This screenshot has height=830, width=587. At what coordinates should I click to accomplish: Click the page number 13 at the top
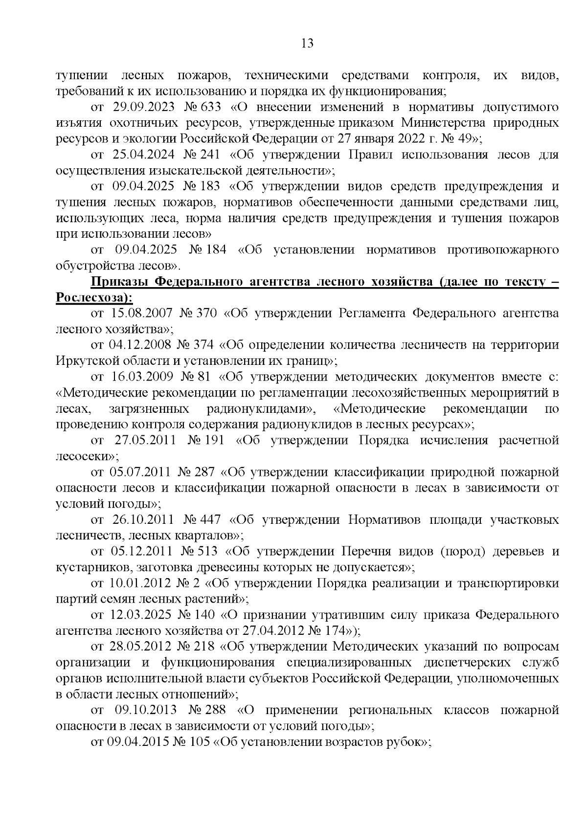click(x=307, y=44)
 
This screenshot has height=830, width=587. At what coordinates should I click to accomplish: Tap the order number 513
click(x=208, y=551)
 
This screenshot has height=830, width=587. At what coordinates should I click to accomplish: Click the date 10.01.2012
click(x=137, y=583)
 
